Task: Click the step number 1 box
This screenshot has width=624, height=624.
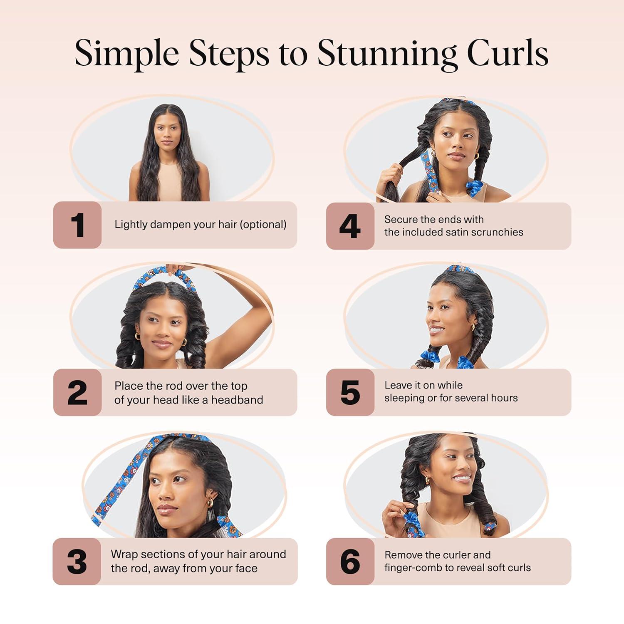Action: [77, 225]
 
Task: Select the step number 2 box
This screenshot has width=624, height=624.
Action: [77, 392]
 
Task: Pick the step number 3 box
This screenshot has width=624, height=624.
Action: [77, 562]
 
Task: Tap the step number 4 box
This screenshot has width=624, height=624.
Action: [350, 226]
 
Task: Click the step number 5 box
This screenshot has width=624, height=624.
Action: [350, 392]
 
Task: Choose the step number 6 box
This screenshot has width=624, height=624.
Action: [350, 562]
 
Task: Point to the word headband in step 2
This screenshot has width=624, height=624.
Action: [237, 400]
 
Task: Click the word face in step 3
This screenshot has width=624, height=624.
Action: [245, 569]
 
